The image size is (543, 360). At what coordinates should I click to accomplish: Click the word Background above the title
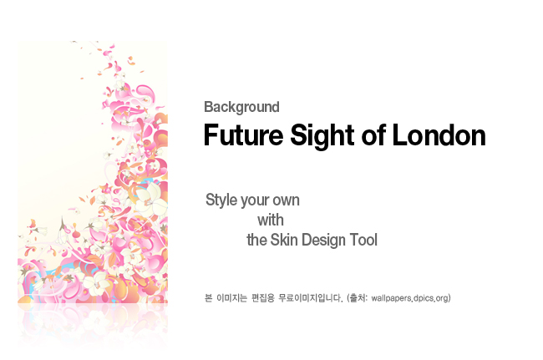(241, 107)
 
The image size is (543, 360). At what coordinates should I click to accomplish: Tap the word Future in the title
(243, 135)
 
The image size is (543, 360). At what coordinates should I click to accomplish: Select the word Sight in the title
(322, 135)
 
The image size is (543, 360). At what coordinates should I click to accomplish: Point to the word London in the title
(439, 135)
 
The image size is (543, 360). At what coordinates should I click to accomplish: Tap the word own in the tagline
(287, 200)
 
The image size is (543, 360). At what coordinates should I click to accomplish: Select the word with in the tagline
(271, 221)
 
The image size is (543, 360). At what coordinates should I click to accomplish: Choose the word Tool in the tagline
(363, 240)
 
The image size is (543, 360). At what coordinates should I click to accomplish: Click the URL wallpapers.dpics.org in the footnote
(410, 298)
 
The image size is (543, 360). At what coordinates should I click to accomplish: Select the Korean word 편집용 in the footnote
(263, 297)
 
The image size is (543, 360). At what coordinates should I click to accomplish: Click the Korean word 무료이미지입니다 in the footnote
(310, 297)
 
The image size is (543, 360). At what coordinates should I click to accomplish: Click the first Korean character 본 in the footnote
(208, 297)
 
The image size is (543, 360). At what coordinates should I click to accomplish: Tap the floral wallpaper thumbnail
(93, 172)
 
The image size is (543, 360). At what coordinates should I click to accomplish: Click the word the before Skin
(256, 240)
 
